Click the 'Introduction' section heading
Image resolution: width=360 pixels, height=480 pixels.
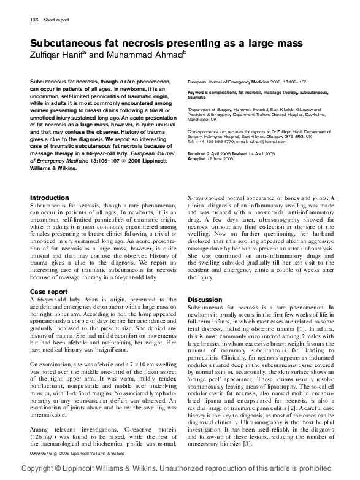tap(50, 198)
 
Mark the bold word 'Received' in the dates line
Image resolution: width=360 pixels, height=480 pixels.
tap(197, 153)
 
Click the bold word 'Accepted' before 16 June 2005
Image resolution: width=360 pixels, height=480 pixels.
tap(197, 158)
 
